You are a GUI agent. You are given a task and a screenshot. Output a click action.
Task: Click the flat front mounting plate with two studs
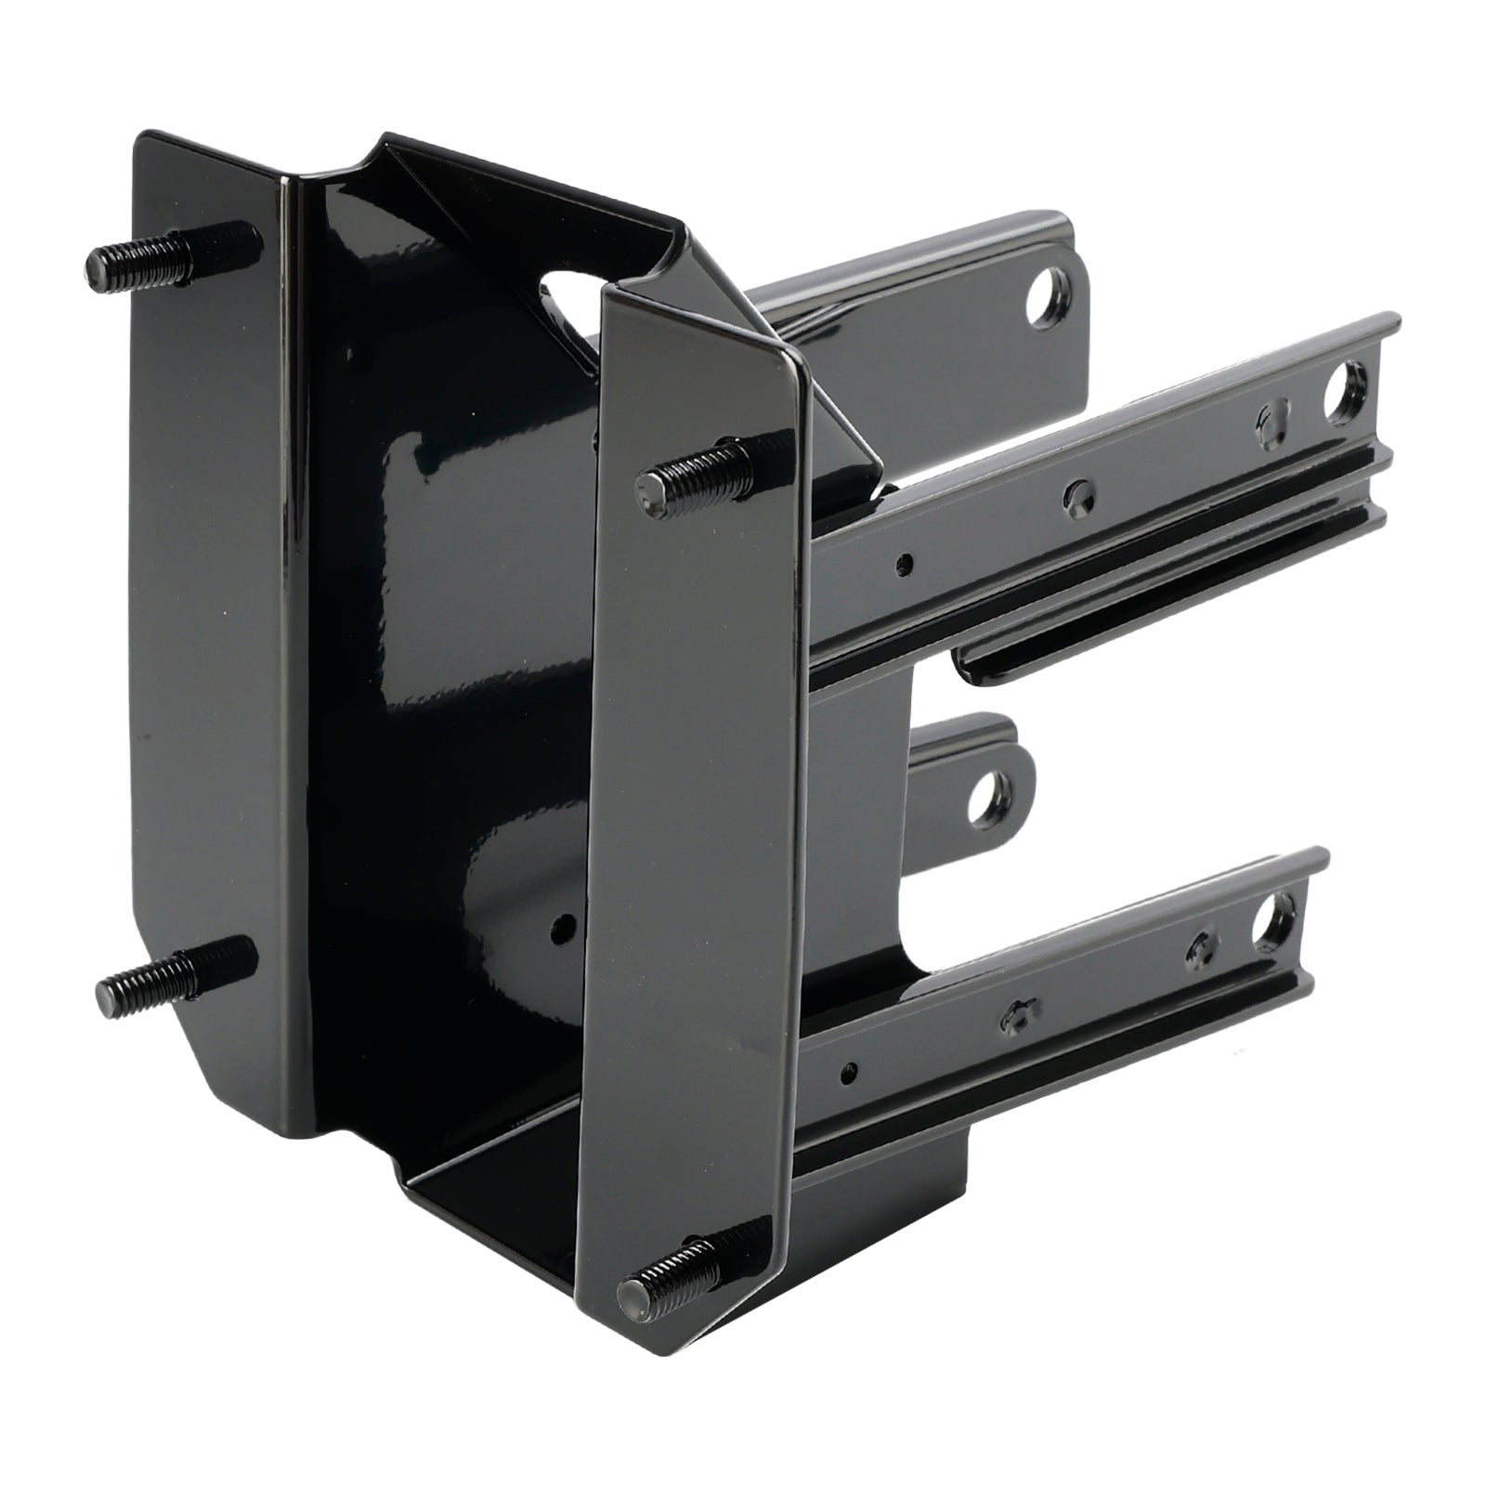point(697,836)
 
